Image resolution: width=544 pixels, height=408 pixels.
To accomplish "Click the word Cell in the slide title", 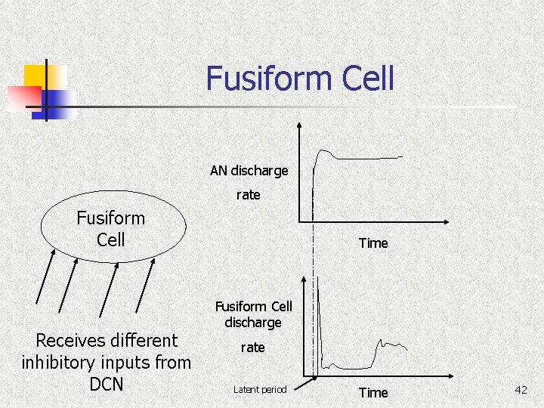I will click(367, 79).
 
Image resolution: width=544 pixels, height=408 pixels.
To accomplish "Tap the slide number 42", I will click(521, 390).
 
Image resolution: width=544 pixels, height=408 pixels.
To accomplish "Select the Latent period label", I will click(260, 390).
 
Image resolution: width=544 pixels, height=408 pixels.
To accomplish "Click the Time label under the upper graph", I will click(373, 243).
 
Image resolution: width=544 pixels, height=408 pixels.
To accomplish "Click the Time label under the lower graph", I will click(373, 393).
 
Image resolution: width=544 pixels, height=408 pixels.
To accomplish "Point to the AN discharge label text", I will click(249, 171).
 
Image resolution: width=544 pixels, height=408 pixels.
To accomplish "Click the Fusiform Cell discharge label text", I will click(253, 314).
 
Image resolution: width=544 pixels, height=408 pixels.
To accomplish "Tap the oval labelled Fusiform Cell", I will click(112, 228).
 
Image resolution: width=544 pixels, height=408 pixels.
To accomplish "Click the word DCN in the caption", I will click(107, 384).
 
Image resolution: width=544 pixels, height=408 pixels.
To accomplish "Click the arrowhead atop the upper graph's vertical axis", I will click(299, 127).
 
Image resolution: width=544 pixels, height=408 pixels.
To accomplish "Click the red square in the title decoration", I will click(24, 97).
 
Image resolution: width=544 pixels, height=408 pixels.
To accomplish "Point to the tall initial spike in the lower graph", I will click(319, 317).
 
